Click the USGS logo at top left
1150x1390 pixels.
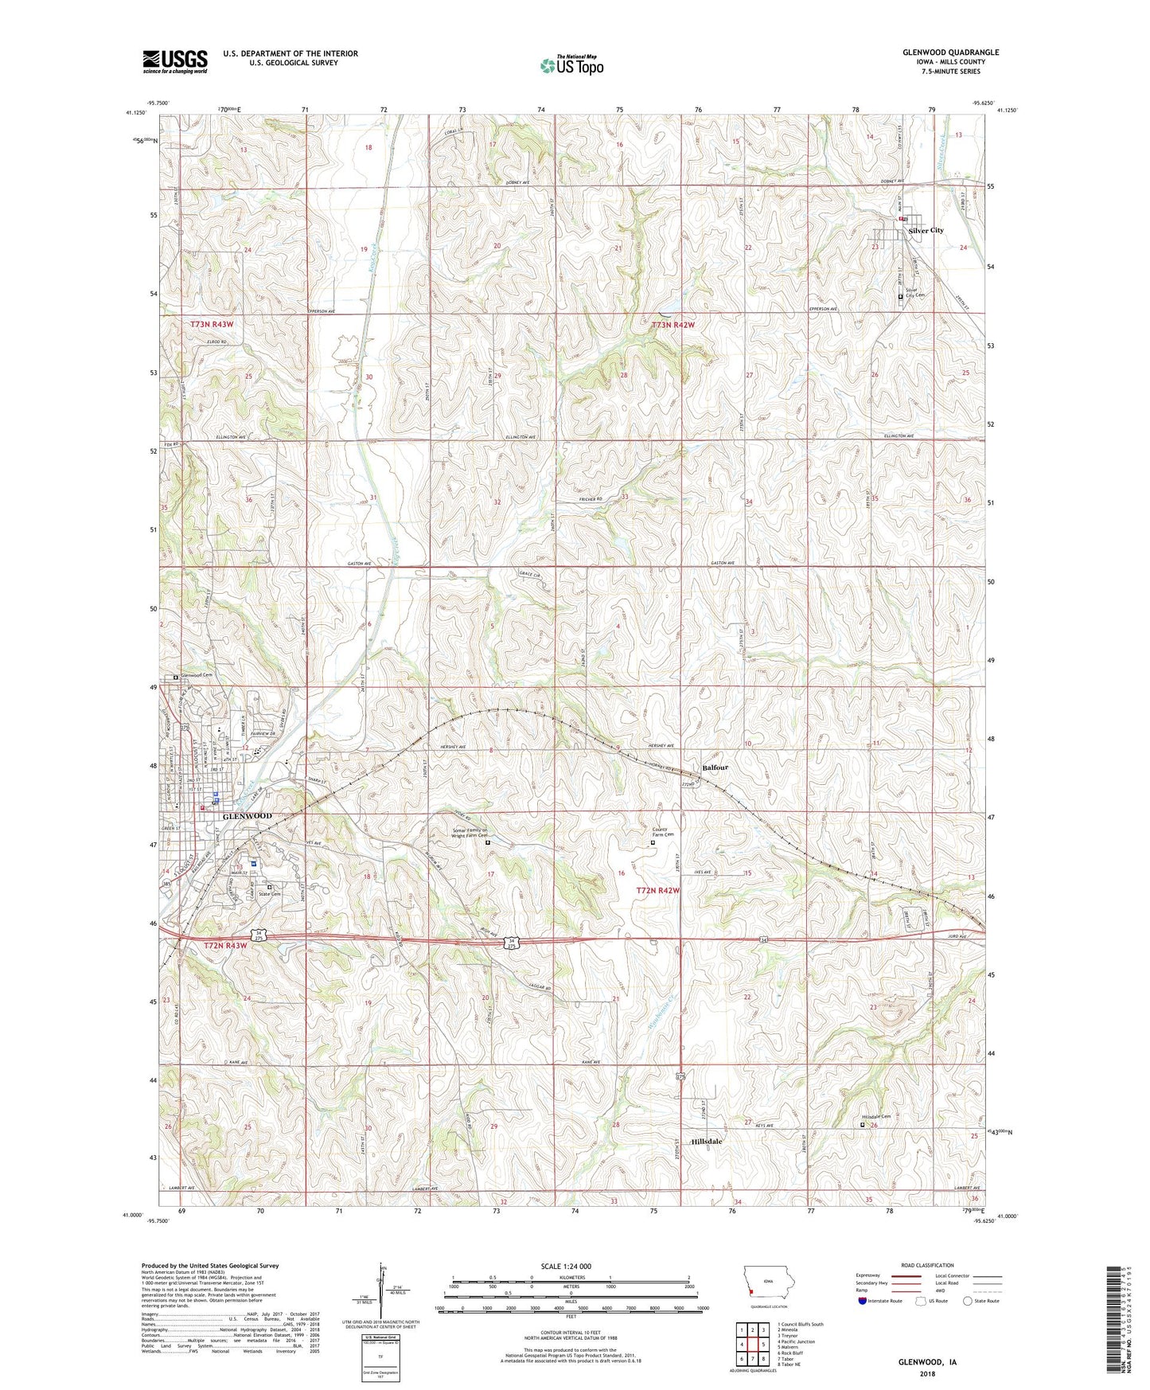click(174, 61)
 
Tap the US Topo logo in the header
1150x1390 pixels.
click(571, 65)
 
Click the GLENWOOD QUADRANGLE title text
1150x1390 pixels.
click(950, 53)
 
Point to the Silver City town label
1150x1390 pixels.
click(926, 231)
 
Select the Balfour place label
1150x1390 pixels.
click(715, 767)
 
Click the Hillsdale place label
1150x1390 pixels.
click(707, 1141)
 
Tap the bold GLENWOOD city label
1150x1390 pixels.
click(247, 816)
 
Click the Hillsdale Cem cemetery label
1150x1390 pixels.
click(875, 1117)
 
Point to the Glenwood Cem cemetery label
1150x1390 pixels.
click(196, 676)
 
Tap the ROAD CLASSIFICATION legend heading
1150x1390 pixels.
click(926, 1265)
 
